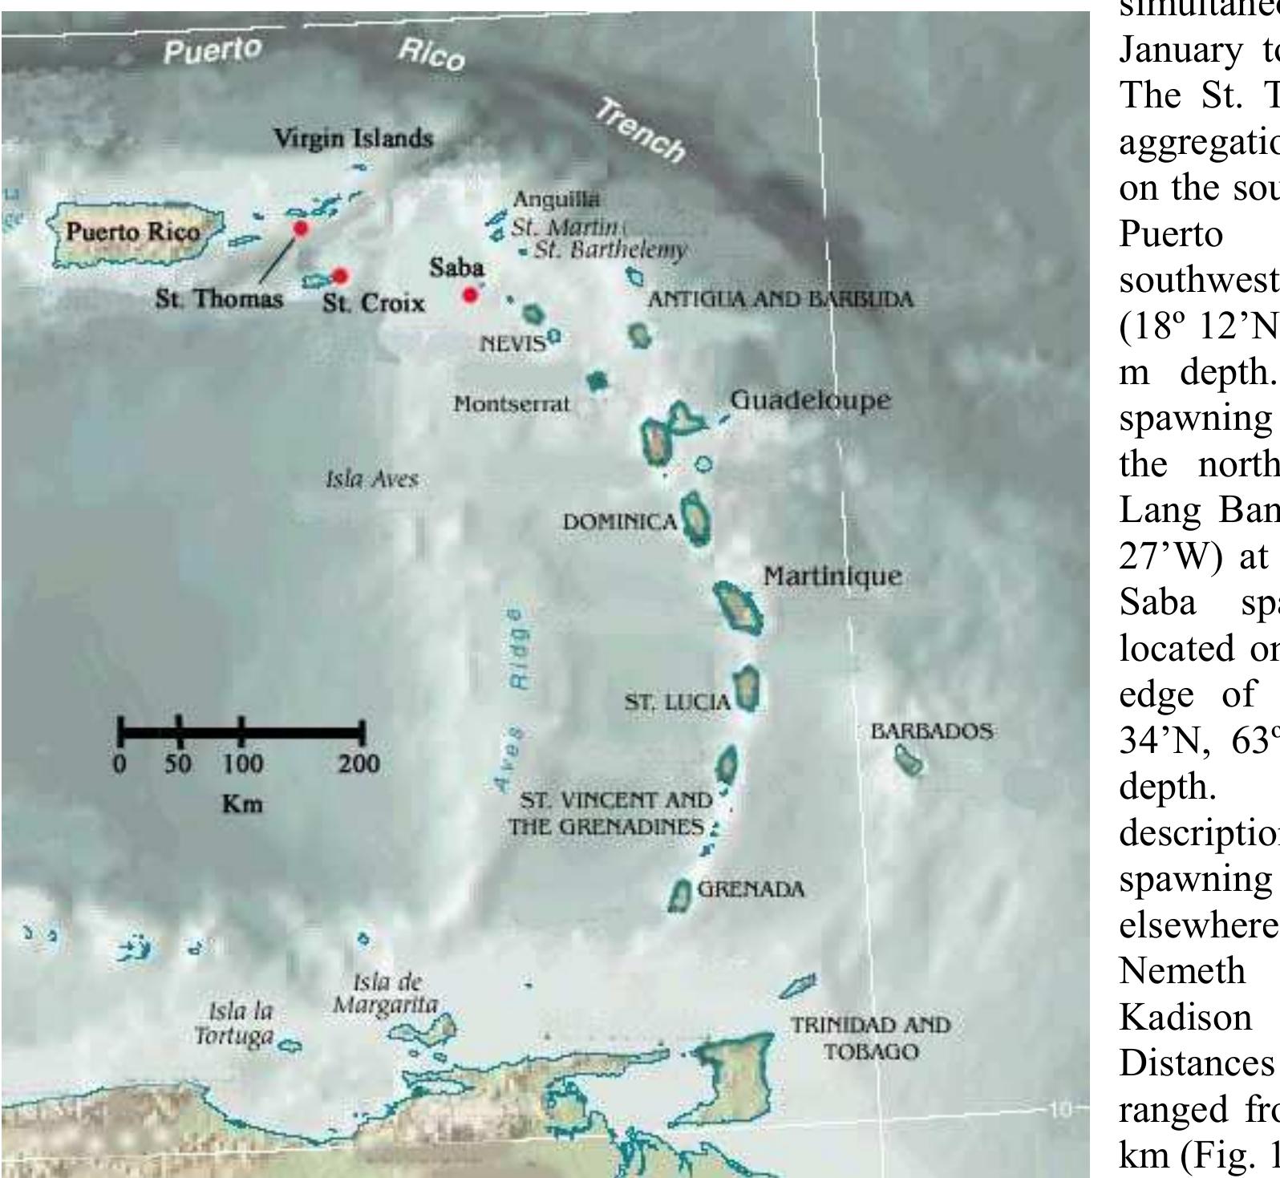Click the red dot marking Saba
tap(471, 295)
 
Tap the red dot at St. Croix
tap(340, 277)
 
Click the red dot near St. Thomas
tap(301, 229)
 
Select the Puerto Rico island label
tap(133, 233)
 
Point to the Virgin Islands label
tap(353, 138)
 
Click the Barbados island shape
tap(909, 760)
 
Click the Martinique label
tap(832, 576)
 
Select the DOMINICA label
tap(620, 522)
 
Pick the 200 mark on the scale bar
tap(358, 763)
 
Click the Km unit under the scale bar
tap(241, 804)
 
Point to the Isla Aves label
tap(371, 480)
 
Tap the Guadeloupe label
tap(810, 399)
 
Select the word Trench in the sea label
tap(640, 130)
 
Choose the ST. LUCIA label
tap(677, 702)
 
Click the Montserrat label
tap(511, 403)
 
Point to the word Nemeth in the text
tap(1183, 971)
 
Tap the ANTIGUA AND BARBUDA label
tap(780, 299)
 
